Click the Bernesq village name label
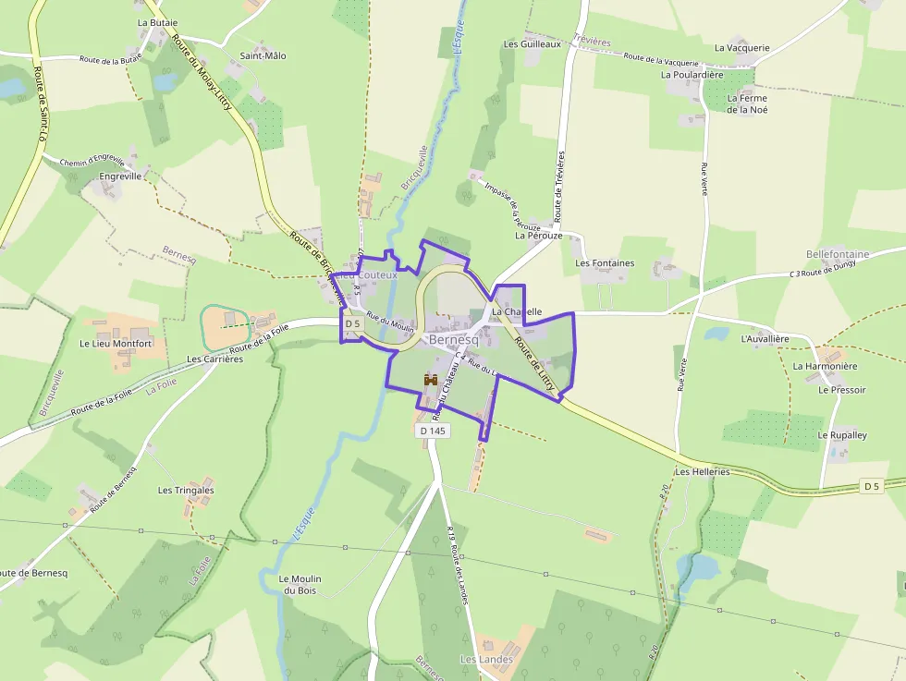454,340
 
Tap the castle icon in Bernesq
430,379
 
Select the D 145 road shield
432,431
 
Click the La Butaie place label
157,21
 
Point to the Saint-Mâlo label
263,55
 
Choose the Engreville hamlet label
120,176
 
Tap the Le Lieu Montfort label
115,344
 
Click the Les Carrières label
214,359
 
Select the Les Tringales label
186,491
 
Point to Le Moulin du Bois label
300,585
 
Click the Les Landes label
486,660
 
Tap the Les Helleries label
702,471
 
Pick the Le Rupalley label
842,434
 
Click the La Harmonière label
825,366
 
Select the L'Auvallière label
765,339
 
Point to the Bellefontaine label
838,254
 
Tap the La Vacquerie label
741,48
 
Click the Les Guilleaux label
532,43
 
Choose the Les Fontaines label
605,263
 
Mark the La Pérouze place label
538,236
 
